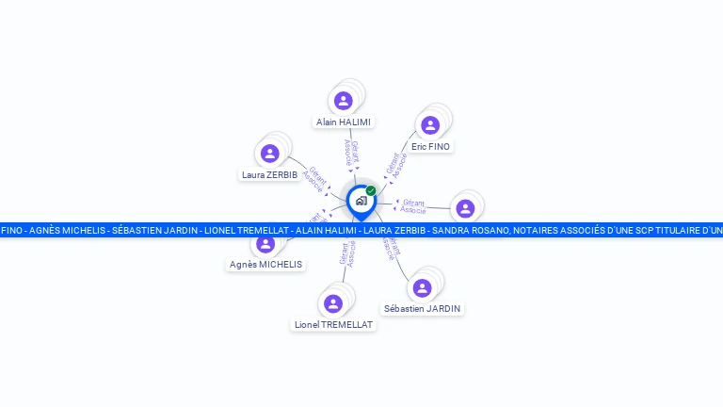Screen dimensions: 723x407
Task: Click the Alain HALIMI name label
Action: (344, 122)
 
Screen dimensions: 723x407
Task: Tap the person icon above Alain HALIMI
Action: (344, 101)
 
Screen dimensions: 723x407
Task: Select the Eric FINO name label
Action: (431, 147)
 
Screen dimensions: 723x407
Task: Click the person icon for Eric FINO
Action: (430, 125)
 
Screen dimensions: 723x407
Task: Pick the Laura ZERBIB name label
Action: (269, 174)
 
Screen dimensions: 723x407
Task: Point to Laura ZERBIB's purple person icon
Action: (270, 154)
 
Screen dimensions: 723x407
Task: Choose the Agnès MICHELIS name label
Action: (265, 265)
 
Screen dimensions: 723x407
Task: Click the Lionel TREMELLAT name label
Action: (333, 324)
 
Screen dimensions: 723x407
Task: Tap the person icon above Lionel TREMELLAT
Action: (332, 303)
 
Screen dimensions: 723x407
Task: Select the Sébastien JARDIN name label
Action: (423, 308)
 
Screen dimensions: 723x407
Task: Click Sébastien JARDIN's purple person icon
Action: (422, 287)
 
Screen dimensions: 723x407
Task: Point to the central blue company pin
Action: (361, 201)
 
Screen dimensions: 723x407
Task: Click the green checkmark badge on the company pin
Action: (371, 191)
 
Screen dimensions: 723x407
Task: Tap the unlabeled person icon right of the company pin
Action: (465, 208)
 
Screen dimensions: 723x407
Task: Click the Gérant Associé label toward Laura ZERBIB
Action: (314, 179)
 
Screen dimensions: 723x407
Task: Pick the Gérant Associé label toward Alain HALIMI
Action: (351, 154)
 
